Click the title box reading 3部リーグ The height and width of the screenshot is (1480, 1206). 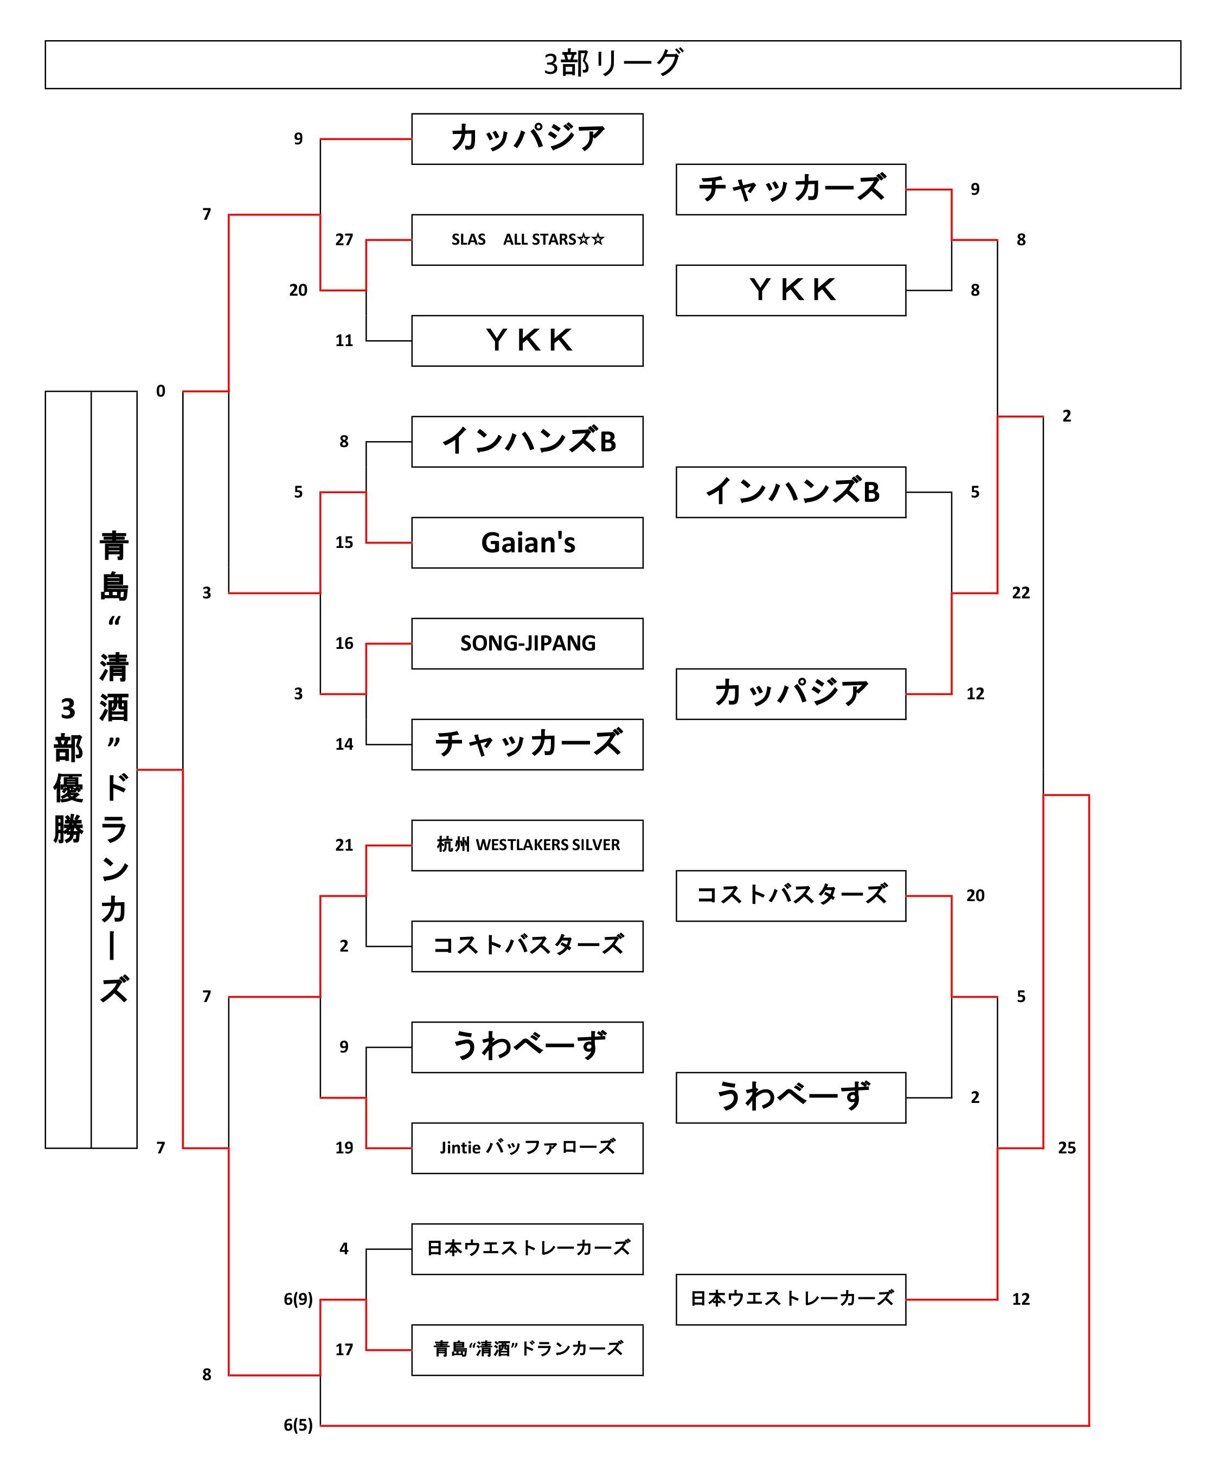coord(612,64)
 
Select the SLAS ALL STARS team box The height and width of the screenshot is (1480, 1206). coord(527,240)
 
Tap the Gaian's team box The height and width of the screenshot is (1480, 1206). coord(527,543)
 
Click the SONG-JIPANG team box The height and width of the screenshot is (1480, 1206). coord(527,643)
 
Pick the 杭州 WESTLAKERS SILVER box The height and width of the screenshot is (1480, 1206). coord(527,845)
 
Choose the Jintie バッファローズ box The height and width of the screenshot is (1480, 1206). coord(527,1148)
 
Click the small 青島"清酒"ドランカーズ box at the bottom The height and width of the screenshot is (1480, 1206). coord(527,1349)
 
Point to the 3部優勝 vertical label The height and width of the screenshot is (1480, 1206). coord(68,770)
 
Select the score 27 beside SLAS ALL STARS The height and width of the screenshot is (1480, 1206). coord(344,240)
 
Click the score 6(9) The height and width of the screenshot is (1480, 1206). coord(298,1299)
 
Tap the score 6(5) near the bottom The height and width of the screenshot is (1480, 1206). coord(298,1425)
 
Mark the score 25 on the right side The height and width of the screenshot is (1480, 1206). coord(1066,1148)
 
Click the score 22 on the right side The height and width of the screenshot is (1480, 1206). coord(1021,592)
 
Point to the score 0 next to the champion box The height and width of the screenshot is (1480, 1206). coord(161,391)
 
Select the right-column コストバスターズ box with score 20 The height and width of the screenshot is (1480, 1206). coord(791,896)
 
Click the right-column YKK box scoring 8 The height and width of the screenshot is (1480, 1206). coord(791,290)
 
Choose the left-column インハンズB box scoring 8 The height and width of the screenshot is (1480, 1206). coord(527,442)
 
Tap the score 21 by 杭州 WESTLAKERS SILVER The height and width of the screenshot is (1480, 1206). coord(344,845)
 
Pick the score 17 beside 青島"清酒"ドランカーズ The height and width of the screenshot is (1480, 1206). coord(344,1349)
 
